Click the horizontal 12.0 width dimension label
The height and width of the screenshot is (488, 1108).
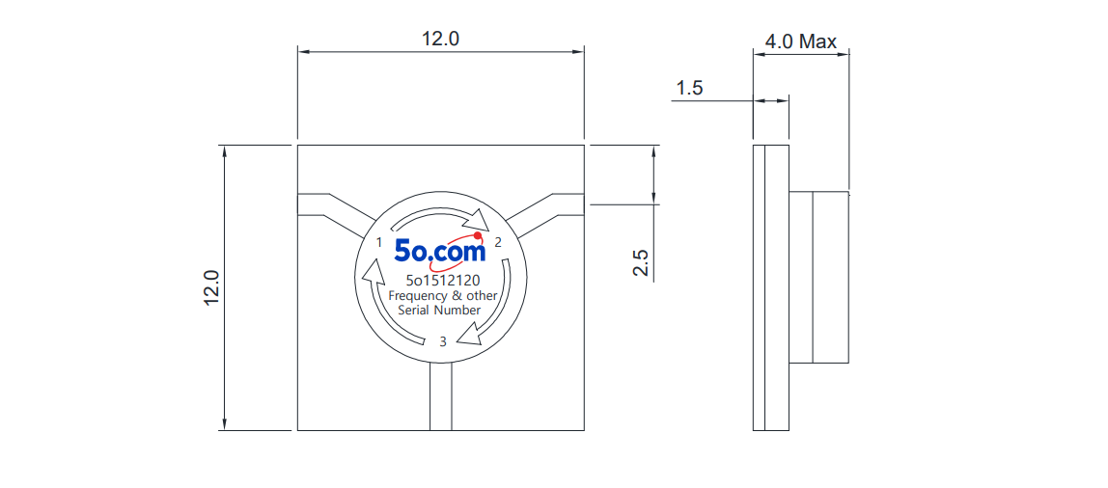(440, 39)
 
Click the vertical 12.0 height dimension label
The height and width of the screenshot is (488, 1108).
(212, 288)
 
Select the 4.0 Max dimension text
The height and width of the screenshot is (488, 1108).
(801, 41)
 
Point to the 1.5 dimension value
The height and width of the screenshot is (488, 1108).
(690, 89)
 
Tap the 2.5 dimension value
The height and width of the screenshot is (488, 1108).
(641, 262)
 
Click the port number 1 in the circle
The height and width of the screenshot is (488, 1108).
(379, 243)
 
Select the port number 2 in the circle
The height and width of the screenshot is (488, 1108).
(498, 243)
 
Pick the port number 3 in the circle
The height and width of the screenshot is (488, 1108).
(443, 341)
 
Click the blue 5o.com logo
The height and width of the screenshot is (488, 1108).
(440, 250)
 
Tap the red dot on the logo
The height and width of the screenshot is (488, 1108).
(478, 235)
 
